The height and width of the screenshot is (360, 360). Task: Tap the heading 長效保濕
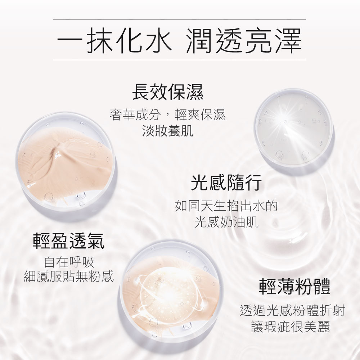click(168, 92)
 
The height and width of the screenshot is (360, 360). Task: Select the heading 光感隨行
click(226, 183)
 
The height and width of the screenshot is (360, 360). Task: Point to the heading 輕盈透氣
click(69, 240)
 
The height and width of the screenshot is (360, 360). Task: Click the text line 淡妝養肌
click(168, 131)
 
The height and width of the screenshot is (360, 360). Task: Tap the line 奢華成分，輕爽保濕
click(168, 114)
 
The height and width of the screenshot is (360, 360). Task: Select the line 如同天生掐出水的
click(226, 206)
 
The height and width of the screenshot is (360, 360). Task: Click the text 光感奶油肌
click(226, 222)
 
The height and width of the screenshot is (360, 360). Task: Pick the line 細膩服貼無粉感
click(69, 276)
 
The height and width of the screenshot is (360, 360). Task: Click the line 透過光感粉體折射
click(292, 310)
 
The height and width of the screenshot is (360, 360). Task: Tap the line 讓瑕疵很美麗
click(291, 327)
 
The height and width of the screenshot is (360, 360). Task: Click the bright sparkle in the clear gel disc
click(285, 121)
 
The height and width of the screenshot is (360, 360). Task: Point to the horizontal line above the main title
click(179, 20)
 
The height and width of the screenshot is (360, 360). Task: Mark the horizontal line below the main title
click(179, 60)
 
